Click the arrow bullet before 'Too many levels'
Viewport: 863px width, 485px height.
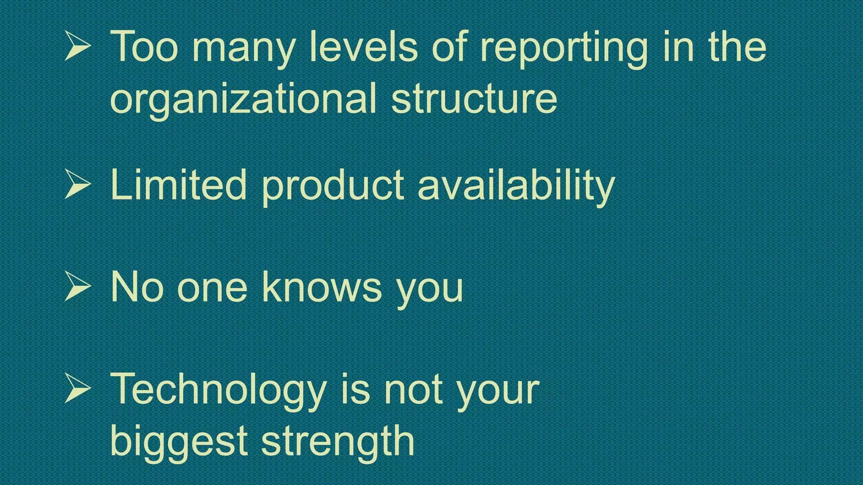point(78,46)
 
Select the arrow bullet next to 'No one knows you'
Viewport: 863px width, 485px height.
point(78,287)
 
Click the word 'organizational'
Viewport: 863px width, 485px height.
point(243,99)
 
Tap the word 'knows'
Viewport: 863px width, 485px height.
point(322,287)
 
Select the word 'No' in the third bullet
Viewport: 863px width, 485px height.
point(137,287)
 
